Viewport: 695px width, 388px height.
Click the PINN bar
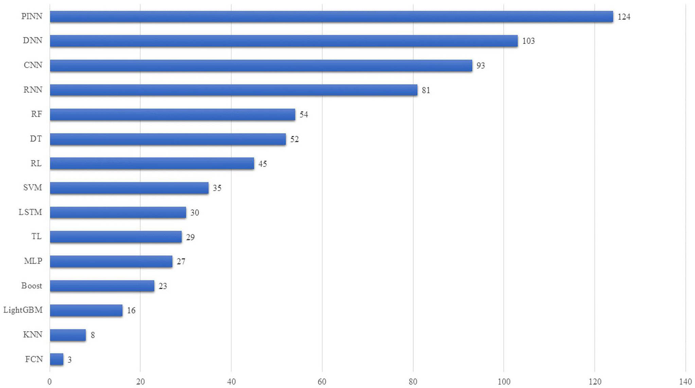[331, 17]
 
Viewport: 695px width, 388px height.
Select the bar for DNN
[284, 41]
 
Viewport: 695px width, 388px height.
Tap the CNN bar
[261, 66]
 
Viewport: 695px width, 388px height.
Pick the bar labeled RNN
[233, 90]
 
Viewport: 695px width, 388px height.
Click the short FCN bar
[56, 359]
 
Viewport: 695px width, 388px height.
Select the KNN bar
[68, 335]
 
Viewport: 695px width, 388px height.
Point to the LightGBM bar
[86, 310]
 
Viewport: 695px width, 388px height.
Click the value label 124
[624, 17]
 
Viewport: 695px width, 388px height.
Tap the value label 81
[426, 90]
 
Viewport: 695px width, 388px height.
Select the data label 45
[263, 163]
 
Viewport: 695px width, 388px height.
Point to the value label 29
[190, 237]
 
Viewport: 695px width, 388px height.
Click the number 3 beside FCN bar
[70, 359]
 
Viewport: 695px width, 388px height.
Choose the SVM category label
[33, 188]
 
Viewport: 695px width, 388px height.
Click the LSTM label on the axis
[30, 212]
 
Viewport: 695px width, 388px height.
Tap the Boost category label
[32, 285]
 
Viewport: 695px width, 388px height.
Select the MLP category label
[33, 261]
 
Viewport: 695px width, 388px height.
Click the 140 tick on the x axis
[685, 382]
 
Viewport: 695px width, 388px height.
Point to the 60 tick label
[322, 382]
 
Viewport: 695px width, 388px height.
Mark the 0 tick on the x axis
[50, 382]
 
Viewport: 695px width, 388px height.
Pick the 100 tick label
[504, 382]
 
